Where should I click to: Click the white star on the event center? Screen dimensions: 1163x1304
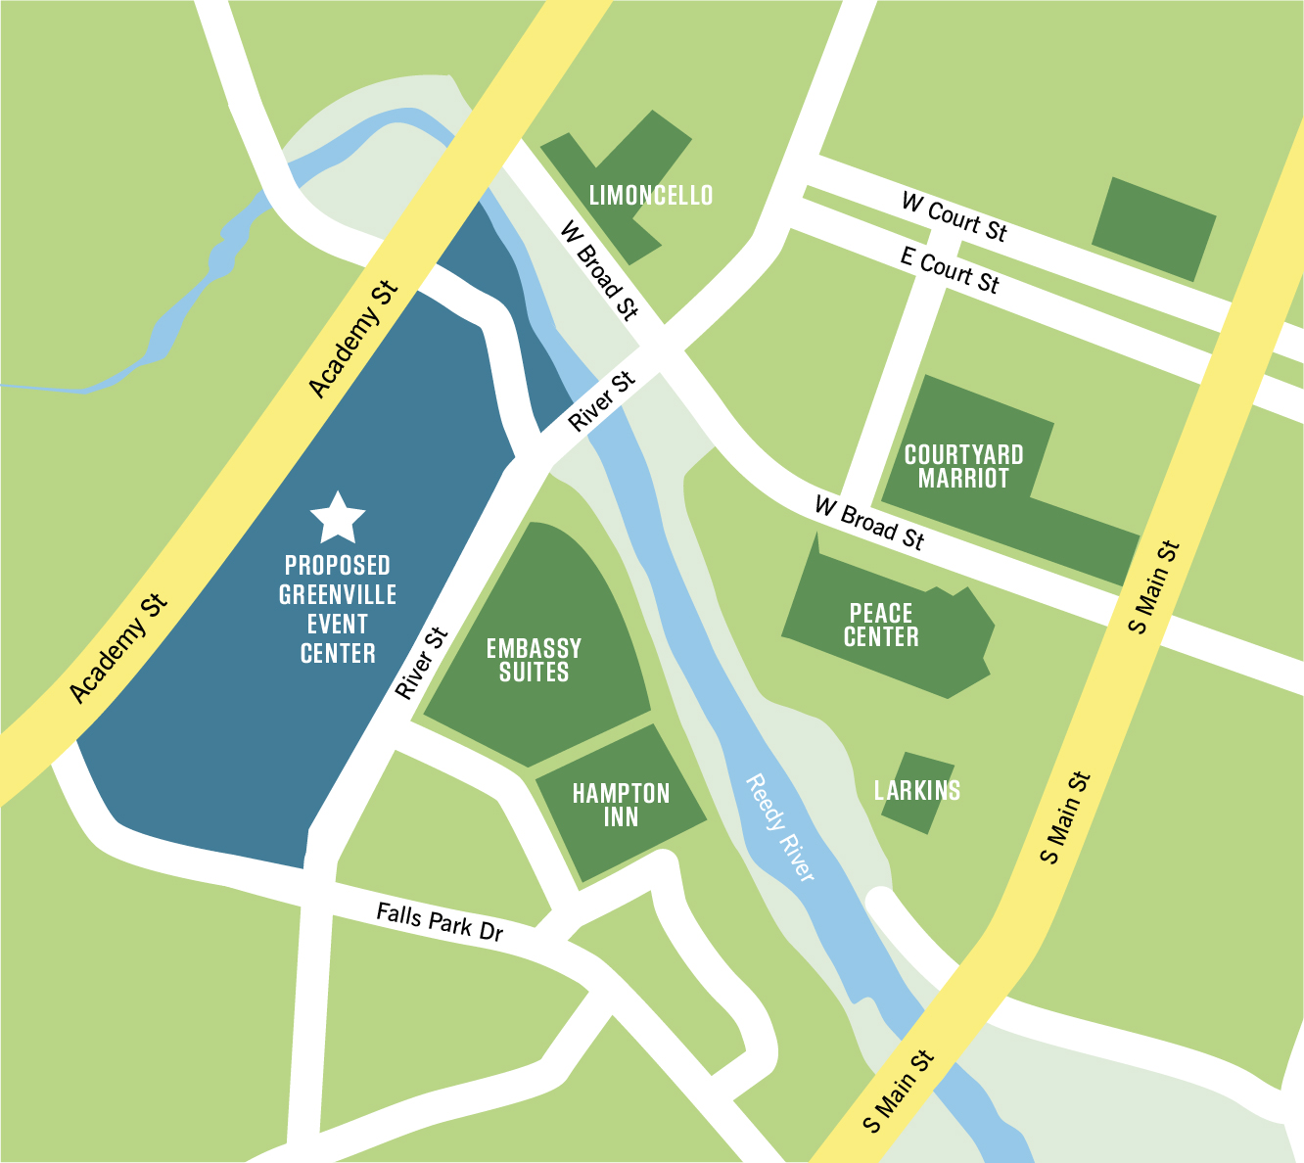pyautogui.click(x=338, y=519)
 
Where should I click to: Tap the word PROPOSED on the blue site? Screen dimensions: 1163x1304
pyautogui.click(x=338, y=566)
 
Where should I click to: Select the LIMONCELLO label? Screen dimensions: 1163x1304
pyautogui.click(x=651, y=196)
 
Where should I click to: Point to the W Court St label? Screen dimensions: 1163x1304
pyautogui.click(x=954, y=216)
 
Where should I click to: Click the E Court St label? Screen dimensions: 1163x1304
pyautogui.click(x=950, y=270)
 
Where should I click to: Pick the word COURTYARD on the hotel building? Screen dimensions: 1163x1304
pyautogui.click(x=963, y=455)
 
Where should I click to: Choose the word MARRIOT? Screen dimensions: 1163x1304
pyautogui.click(x=963, y=479)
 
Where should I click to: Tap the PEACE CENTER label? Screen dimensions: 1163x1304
pyautogui.click(x=881, y=626)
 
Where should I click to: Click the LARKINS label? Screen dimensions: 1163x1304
pyautogui.click(x=917, y=790)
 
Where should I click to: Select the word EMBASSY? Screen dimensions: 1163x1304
pyautogui.click(x=534, y=649)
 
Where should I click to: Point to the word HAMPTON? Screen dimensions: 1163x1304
pyautogui.click(x=621, y=794)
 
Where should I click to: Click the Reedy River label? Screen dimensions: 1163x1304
pyautogui.click(x=780, y=828)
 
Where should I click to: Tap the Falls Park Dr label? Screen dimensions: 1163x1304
pyautogui.click(x=440, y=922)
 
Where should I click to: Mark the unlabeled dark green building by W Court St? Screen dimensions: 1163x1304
pyautogui.click(x=1153, y=229)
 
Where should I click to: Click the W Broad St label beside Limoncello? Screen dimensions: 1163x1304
pyautogui.click(x=598, y=270)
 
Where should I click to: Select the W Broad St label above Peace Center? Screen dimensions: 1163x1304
pyautogui.click(x=868, y=523)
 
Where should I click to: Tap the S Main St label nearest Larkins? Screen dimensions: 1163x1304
pyautogui.click(x=1064, y=818)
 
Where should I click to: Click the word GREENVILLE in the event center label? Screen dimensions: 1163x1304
pyautogui.click(x=338, y=595)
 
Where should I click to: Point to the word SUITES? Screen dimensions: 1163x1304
pyautogui.click(x=534, y=673)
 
